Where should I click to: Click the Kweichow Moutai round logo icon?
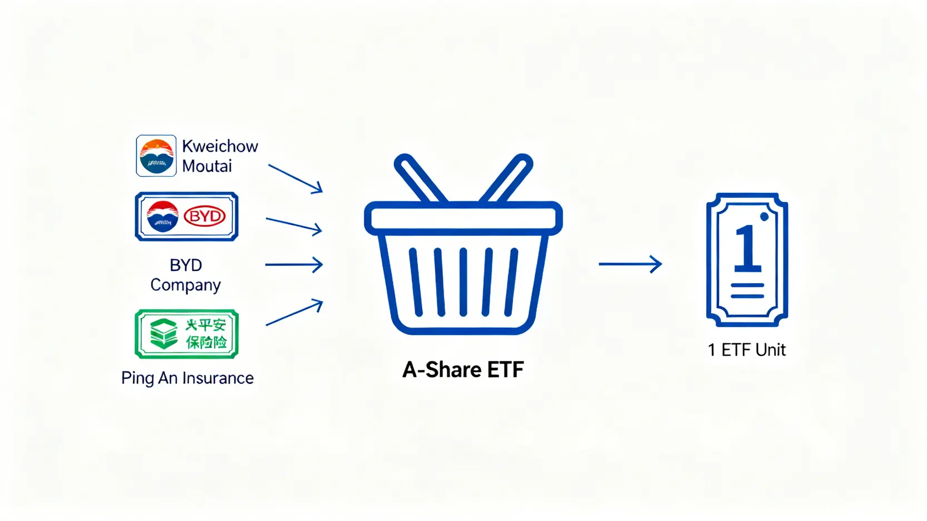coord(156,156)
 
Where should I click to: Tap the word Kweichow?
coord(220,146)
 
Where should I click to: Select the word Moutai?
coord(206,166)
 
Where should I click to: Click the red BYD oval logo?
coord(204,216)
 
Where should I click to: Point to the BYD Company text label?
coord(186,275)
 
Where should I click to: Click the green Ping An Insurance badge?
coord(186,334)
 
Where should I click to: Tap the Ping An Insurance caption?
coord(188,378)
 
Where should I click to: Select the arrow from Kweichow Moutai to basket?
coord(295,178)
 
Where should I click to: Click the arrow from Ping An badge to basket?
coord(294,312)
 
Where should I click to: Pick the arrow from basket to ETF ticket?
coord(630,264)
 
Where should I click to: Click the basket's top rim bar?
coord(463,218)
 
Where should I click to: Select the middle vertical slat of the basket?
coord(463,282)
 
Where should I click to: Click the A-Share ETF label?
coord(463,370)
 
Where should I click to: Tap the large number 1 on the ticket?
coord(747,249)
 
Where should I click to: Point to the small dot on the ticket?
coord(765,217)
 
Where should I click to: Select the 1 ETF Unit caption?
coord(747,350)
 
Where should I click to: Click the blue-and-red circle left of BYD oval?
coord(162,216)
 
